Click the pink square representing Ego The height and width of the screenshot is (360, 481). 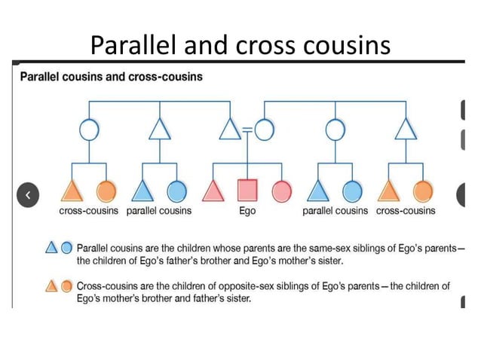pos(247,191)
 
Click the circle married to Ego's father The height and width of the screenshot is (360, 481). pos(264,130)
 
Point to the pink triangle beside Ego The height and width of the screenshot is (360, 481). pos(213,191)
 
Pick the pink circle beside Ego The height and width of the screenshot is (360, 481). pos(281,191)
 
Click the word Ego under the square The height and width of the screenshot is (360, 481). pos(247,211)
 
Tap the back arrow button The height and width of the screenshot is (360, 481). pos(28,194)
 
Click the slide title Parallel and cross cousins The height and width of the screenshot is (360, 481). pos(240,46)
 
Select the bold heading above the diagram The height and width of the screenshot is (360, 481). pos(111,77)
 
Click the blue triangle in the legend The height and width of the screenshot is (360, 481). pos(52,246)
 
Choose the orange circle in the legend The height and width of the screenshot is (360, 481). pos(66,285)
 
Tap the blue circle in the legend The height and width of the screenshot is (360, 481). pos(66,246)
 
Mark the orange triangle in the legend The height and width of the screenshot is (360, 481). pos(52,285)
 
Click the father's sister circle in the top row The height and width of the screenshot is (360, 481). pos(89,130)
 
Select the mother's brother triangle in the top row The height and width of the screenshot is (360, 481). pos(406,130)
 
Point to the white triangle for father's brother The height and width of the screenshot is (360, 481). pos(159,130)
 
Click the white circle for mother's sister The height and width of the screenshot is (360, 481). pos(335,130)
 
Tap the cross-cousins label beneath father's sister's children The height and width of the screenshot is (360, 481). pos(89,211)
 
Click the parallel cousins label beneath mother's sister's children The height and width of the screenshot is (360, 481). pos(335,211)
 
